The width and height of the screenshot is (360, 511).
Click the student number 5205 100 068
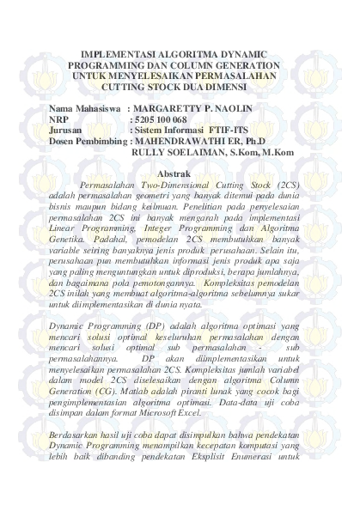click(161, 119)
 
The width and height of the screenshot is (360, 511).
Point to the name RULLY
click(149, 151)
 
